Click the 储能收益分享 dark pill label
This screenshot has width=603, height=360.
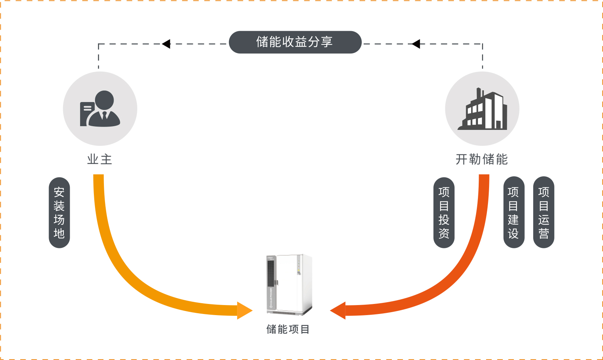pos(295,42)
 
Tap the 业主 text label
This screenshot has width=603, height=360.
pos(99,160)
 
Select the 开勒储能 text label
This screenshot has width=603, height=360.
pos(482,160)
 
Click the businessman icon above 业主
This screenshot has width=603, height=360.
pos(100,109)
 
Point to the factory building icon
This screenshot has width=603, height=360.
pos(482,109)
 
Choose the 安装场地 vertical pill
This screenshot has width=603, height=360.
pos(59,213)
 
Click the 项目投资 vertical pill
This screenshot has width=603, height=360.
pos(444,213)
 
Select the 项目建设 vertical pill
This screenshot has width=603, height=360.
pos(514,213)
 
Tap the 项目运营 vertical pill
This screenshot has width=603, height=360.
pos(544,213)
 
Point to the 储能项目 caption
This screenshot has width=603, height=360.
pos(288,329)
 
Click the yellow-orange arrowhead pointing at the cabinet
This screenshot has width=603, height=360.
pos(244,311)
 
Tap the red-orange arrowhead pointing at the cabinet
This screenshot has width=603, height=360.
pos(338,311)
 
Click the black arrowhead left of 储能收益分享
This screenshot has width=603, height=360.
pos(167,44)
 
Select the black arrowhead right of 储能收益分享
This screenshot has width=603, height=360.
pos(416,44)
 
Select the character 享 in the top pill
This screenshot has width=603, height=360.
pos(327,42)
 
